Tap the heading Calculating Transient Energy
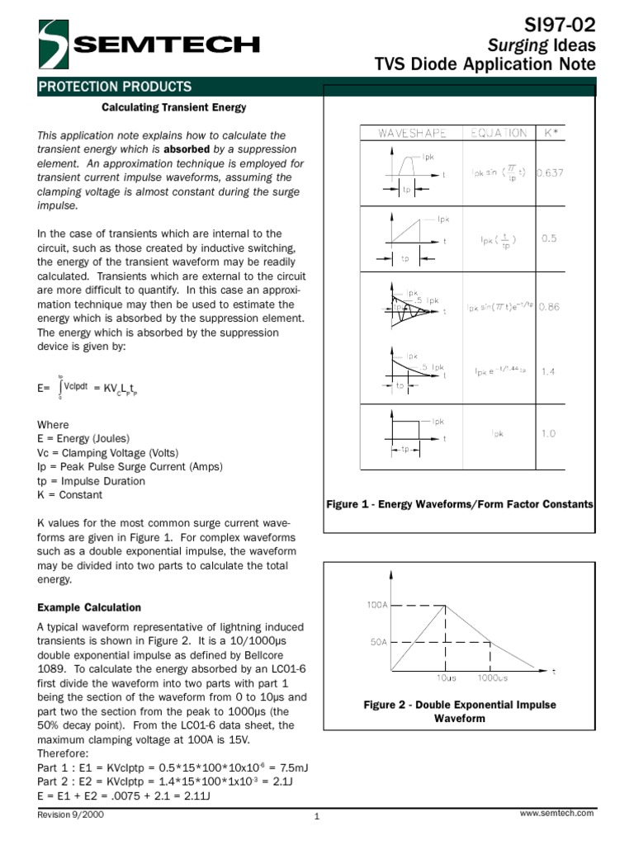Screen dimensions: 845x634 click(x=173, y=108)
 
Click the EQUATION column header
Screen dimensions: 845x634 click(x=498, y=132)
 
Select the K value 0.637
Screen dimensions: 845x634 click(x=550, y=173)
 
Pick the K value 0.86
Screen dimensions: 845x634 click(x=549, y=307)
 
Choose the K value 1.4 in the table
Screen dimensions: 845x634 click(x=549, y=372)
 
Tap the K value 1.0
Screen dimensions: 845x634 click(x=549, y=433)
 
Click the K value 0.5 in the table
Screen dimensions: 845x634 click(x=549, y=238)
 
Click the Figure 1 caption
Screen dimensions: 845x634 click(x=460, y=504)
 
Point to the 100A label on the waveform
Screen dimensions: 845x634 click(x=376, y=605)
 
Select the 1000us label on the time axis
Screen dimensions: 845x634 click(x=493, y=678)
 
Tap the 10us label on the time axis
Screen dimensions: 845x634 click(x=446, y=678)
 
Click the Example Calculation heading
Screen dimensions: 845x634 click(x=89, y=607)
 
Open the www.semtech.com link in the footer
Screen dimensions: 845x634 click(x=556, y=814)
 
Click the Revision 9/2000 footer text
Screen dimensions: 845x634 click(x=71, y=814)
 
